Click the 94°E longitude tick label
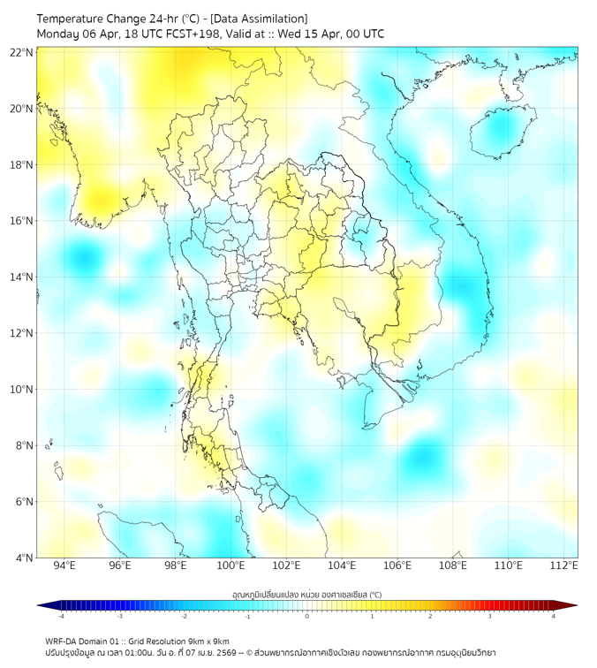coord(64,566)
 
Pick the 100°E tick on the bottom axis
coord(230,566)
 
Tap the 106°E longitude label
coord(397,566)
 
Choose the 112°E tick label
coord(564,566)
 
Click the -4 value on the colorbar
coord(60,617)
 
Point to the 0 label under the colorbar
coord(307,617)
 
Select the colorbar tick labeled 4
coord(554,617)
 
